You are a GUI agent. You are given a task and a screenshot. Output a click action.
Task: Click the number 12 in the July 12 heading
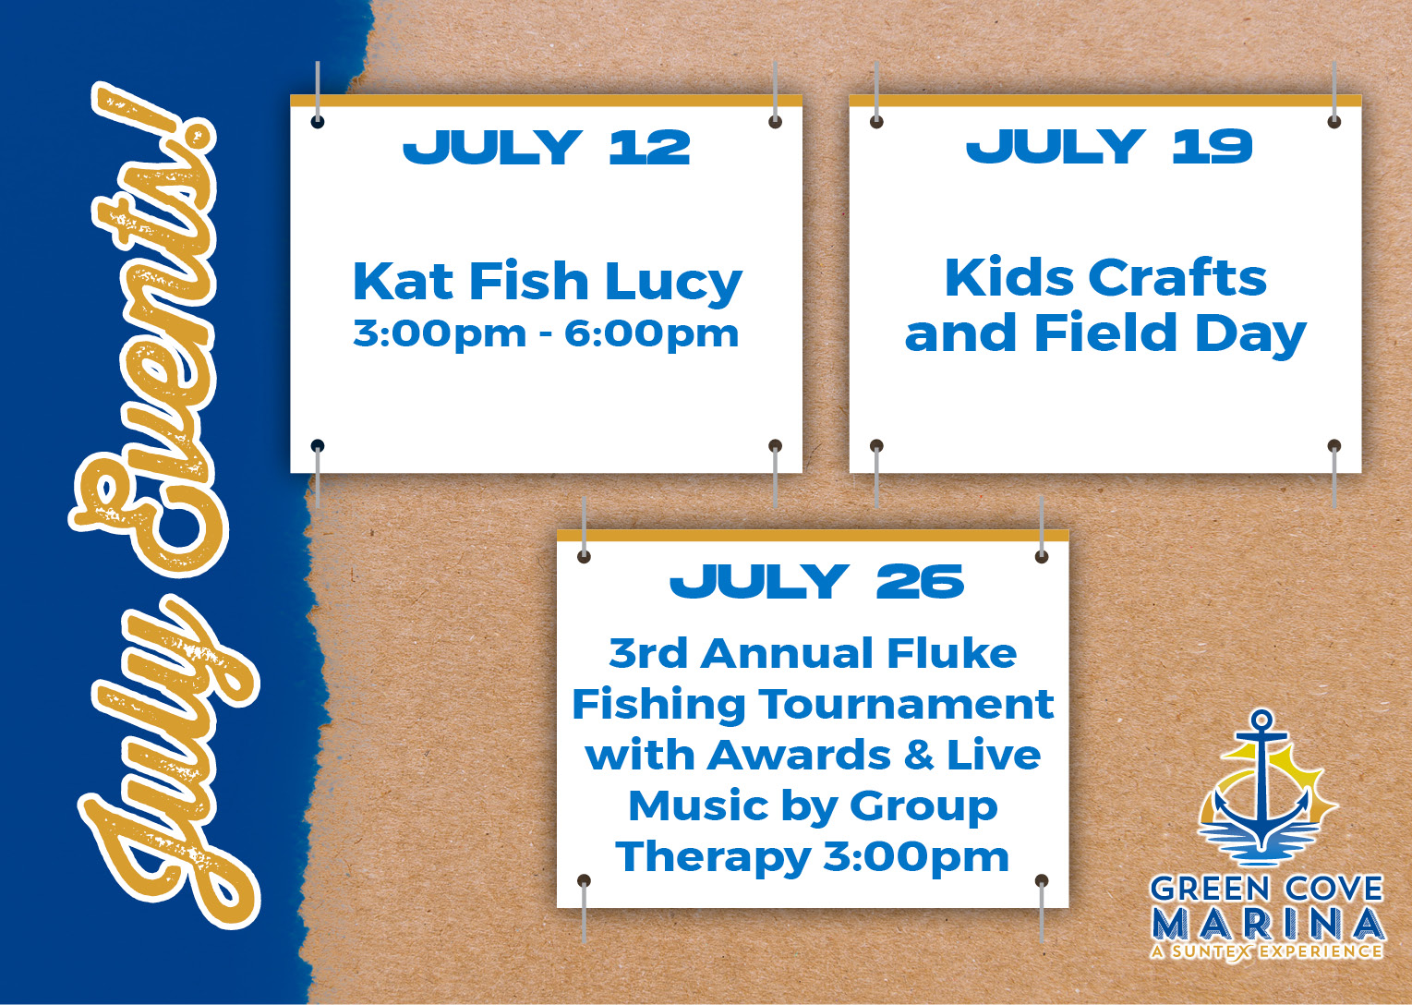click(650, 148)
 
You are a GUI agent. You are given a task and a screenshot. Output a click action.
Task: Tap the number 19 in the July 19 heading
click(1213, 146)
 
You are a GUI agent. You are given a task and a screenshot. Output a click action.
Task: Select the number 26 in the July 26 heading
click(921, 581)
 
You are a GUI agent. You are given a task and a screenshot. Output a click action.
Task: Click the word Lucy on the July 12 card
click(674, 283)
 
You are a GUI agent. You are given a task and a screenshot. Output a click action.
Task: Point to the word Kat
click(403, 281)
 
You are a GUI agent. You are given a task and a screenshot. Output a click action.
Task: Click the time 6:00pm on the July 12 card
click(651, 333)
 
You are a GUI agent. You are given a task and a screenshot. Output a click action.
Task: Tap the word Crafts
click(1177, 277)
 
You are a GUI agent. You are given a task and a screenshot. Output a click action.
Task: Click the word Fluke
click(952, 653)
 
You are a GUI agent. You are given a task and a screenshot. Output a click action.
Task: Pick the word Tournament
click(906, 704)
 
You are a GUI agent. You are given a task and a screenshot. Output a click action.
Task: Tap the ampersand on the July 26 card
click(920, 756)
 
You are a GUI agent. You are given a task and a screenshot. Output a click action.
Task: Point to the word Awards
click(799, 756)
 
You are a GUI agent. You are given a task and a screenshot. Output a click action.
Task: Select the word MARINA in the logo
click(1267, 925)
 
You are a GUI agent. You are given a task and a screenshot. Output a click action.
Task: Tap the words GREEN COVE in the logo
click(1266, 890)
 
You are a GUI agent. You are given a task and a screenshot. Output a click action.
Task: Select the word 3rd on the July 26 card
click(648, 653)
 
